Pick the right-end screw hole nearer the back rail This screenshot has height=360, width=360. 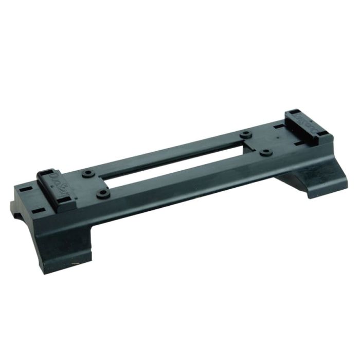coord(247,134)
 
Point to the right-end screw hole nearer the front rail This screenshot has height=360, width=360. coord(265,152)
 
